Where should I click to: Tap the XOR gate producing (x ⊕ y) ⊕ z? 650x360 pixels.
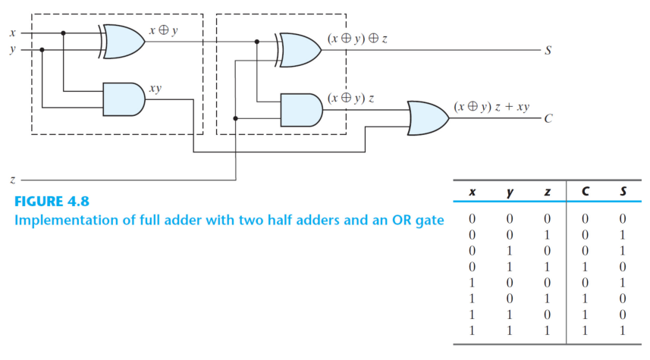(x=300, y=49)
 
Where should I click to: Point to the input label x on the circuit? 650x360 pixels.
(x=11, y=33)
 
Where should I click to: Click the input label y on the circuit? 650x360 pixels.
(x=11, y=50)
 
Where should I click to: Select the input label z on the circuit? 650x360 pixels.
(x=11, y=180)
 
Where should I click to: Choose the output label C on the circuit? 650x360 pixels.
(x=548, y=120)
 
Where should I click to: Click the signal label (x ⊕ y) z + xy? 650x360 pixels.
(x=491, y=107)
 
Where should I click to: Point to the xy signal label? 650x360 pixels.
(x=155, y=88)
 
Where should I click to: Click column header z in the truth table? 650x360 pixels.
(x=547, y=193)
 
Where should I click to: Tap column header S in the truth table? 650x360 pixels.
(x=623, y=193)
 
